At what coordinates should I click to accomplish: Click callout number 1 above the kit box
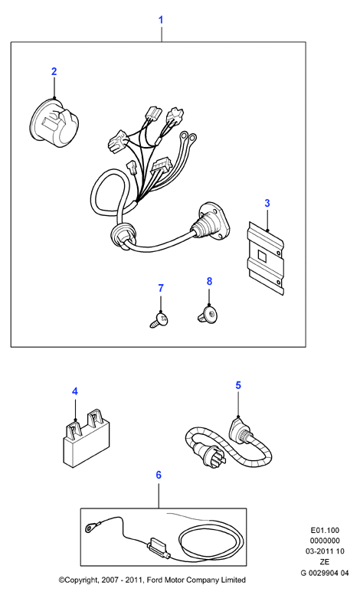click(x=161, y=20)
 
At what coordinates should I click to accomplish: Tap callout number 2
click(x=54, y=71)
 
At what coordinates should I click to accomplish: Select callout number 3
click(x=267, y=203)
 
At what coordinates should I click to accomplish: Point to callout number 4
click(x=75, y=391)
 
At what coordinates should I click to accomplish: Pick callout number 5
click(x=238, y=385)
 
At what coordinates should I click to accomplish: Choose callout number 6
click(x=159, y=475)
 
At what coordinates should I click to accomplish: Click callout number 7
click(x=161, y=288)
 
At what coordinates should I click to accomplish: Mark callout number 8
click(x=209, y=282)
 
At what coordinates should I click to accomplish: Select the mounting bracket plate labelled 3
click(x=266, y=258)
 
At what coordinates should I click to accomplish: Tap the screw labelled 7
click(x=159, y=319)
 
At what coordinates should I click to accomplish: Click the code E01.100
click(x=325, y=530)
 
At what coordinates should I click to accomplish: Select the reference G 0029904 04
click(x=325, y=573)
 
